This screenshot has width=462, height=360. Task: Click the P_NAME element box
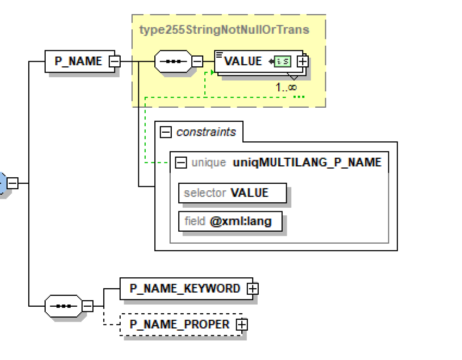point(78,61)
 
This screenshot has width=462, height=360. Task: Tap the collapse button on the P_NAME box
point(114,61)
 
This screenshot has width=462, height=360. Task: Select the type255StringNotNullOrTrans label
point(224,29)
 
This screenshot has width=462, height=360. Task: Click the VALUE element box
point(242,61)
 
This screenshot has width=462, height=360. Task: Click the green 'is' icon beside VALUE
point(282,62)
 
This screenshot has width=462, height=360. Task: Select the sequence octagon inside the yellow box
point(173,61)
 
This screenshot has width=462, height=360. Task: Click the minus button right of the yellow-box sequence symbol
point(198,61)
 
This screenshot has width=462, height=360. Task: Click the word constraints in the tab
point(206,132)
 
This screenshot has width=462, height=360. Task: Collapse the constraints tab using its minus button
point(166,132)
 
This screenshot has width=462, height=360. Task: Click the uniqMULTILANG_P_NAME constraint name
point(307,162)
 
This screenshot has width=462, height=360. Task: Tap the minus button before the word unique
point(182,162)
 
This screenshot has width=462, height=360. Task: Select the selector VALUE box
point(232,193)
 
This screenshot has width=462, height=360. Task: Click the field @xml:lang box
point(230,221)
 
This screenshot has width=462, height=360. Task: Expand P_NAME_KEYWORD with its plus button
point(252,289)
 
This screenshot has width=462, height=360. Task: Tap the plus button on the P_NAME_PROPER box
point(241,325)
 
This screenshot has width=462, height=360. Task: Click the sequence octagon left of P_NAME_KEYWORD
point(63,306)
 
